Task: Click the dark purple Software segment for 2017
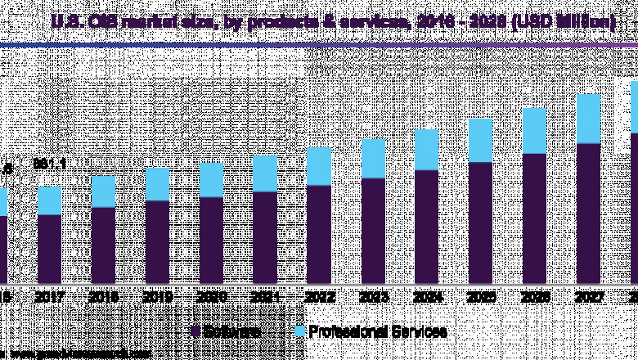(x=50, y=249)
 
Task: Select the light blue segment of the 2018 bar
(x=103, y=191)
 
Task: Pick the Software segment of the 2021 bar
(x=265, y=237)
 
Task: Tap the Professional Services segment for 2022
(x=318, y=166)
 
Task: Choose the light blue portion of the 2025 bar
(x=480, y=140)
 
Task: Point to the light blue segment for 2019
(x=157, y=184)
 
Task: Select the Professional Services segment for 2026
(x=534, y=130)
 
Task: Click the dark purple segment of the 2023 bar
(x=372, y=231)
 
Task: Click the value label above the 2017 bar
(x=49, y=164)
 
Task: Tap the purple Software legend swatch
(x=195, y=331)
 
